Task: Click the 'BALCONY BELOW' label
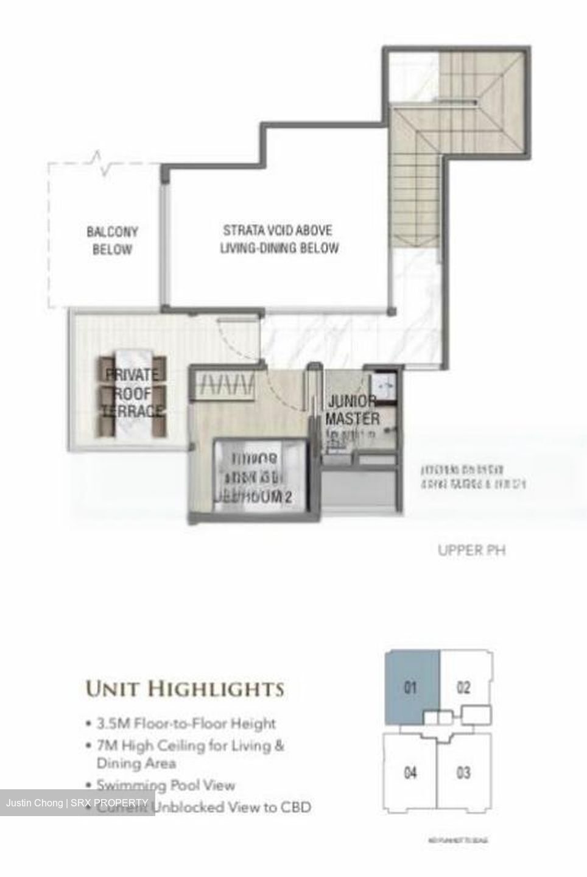coord(112,240)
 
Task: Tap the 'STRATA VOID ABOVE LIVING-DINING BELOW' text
coord(278,239)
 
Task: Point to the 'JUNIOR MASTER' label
coord(353,410)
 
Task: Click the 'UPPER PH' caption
coord(471,551)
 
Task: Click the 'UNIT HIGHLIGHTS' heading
coord(185,689)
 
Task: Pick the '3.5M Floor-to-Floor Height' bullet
coord(186,724)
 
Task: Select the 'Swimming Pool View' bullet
coord(166,785)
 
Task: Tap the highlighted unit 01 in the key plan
coord(410,688)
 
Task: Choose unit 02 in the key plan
coord(463,688)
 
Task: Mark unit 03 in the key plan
coord(463,773)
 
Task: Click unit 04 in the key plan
coord(410,773)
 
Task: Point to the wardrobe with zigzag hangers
coord(224,385)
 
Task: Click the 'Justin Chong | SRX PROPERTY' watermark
coord(77,803)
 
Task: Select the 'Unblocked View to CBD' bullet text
coord(234,808)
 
